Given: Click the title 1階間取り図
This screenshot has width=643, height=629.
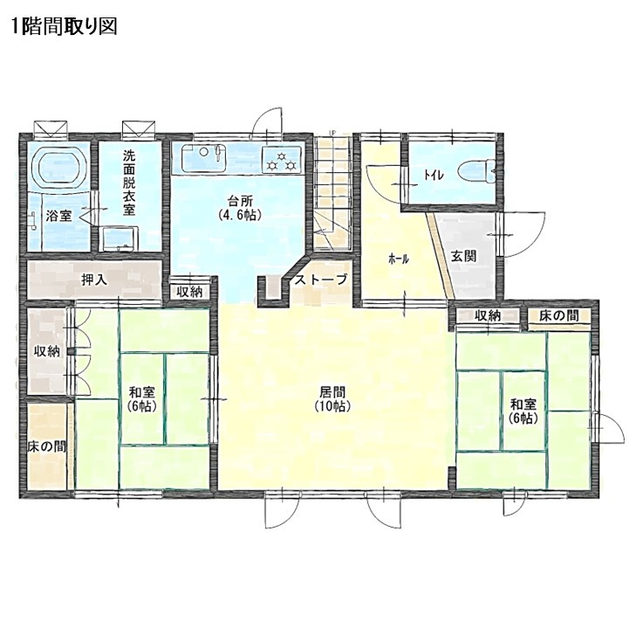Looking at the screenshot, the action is (65, 26).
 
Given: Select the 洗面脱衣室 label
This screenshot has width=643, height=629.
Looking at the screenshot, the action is (130, 183).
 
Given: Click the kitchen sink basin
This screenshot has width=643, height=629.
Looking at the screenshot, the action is (203, 158).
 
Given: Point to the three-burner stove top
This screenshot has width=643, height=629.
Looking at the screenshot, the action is (282, 161).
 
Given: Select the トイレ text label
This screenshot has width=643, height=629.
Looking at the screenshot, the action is (434, 176).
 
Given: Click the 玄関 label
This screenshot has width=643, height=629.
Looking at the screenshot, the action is (464, 256).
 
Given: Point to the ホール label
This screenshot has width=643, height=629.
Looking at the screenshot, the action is (398, 259).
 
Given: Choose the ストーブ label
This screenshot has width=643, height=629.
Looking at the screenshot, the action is (321, 280).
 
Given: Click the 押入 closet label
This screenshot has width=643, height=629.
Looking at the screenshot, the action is (94, 280).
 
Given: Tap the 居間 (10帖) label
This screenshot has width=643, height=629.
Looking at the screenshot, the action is (332, 398).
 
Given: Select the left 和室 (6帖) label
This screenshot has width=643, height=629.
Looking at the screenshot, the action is (142, 398).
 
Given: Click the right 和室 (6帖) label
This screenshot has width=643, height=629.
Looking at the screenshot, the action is (523, 411).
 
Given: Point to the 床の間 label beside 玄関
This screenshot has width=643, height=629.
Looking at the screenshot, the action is (559, 315).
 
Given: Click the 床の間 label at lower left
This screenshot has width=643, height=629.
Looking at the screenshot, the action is (47, 446).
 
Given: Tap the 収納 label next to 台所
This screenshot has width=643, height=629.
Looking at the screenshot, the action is (189, 292).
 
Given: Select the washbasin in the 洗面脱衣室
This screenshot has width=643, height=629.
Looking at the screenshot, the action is (119, 238).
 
